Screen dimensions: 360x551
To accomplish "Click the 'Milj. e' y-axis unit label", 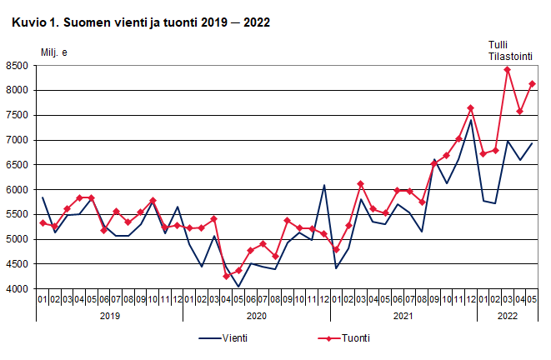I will pos(55,52).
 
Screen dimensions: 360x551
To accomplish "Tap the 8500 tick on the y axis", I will pos(17,65).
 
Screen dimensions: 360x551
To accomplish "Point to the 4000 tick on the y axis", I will pos(17,289).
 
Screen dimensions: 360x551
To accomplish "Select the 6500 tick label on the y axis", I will pos(17,165).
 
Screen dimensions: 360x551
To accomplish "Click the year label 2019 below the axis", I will pos(110,316).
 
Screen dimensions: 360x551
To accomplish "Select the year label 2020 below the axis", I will pos(257,316).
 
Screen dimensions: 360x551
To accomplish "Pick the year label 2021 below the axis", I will pos(403,316).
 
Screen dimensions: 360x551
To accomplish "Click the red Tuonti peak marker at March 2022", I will pos(508,69).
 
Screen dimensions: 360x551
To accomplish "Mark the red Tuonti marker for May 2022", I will pos(532,83).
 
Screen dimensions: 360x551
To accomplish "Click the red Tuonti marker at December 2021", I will pos(471,107).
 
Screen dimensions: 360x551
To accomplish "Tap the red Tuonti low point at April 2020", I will pos(226,276).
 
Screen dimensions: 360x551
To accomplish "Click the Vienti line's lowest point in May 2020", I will pos(238,287).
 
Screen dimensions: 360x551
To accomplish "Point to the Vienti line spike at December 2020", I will pos(324,185).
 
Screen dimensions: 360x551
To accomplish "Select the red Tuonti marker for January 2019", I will pos(43,222).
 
